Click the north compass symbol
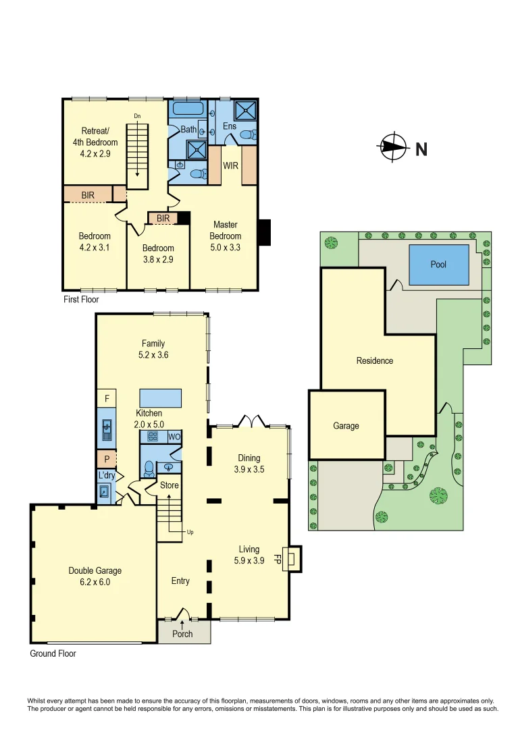(x=394, y=147)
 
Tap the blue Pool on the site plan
(x=438, y=265)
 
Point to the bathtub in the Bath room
(x=188, y=109)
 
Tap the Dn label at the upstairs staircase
(x=137, y=116)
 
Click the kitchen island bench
(x=161, y=398)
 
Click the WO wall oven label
(x=174, y=437)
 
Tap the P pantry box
(x=107, y=459)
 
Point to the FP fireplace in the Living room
(x=286, y=559)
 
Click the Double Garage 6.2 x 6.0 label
(x=95, y=576)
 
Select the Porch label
(x=182, y=634)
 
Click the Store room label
(x=169, y=485)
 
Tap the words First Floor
(x=81, y=299)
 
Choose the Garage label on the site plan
(x=346, y=426)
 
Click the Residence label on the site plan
(x=375, y=360)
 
